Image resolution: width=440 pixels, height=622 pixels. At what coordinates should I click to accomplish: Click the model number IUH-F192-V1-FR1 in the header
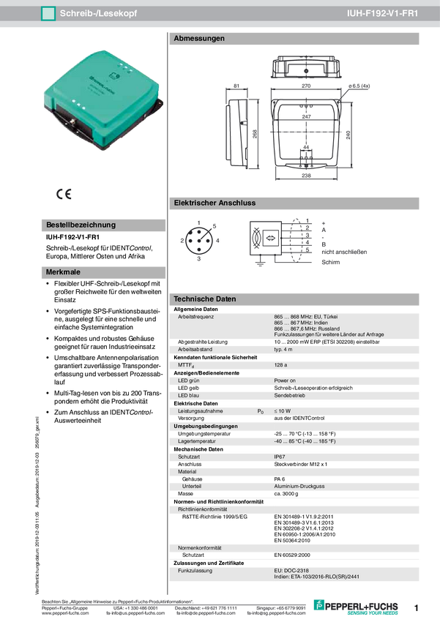click(x=392, y=14)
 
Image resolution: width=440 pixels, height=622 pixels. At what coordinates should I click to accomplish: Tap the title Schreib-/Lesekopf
click(x=98, y=14)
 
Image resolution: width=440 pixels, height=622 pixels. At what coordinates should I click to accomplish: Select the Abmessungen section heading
click(x=198, y=38)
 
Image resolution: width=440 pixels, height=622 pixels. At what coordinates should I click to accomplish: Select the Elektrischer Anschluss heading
click(x=214, y=203)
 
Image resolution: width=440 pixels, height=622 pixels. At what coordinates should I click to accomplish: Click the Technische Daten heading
click(x=204, y=299)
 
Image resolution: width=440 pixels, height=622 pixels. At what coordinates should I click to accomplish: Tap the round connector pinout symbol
click(x=200, y=239)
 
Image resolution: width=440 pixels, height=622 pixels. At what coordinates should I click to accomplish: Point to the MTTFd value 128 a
click(x=281, y=364)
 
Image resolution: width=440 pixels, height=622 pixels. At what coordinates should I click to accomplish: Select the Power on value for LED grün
click(x=285, y=381)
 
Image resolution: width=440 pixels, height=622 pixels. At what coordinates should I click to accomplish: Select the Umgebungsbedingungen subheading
click(x=207, y=426)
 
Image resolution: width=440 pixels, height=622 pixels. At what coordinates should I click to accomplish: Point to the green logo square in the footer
click(x=318, y=604)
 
